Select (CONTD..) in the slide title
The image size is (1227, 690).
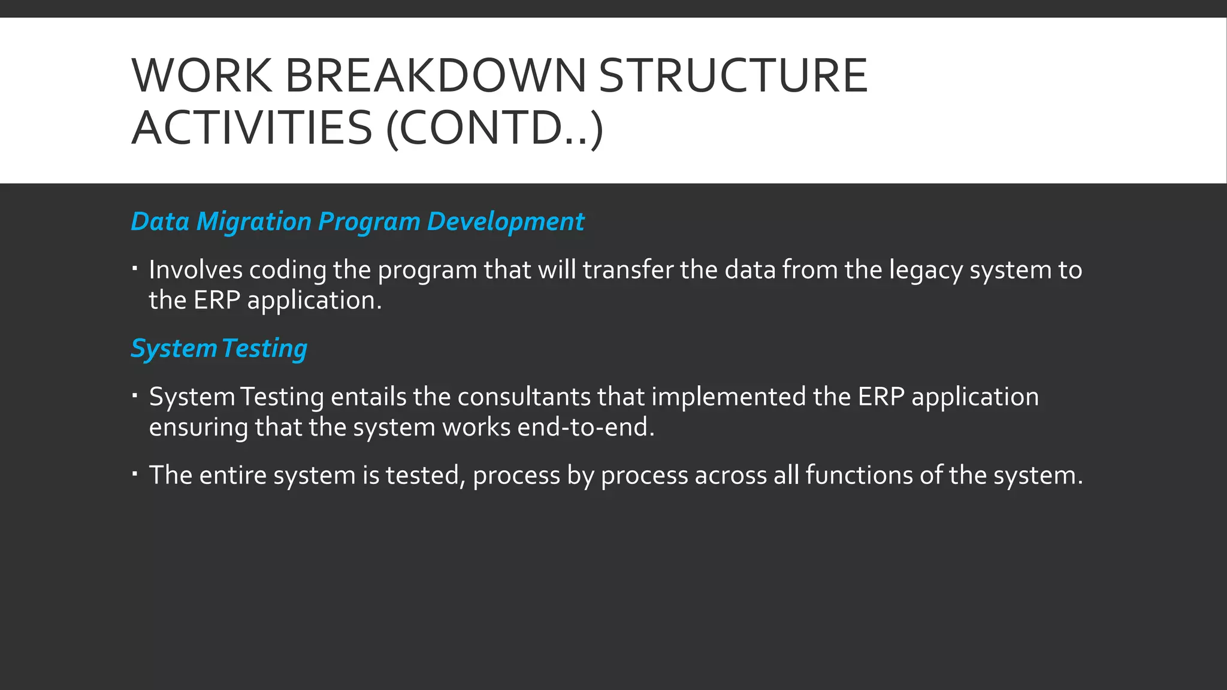[x=494, y=128]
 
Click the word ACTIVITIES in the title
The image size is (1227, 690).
[x=252, y=128]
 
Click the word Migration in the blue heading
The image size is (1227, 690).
[x=254, y=222]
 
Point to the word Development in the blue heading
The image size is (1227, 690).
[x=505, y=222]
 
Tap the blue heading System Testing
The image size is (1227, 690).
[x=219, y=349]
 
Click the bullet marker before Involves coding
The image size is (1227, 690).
[x=135, y=268]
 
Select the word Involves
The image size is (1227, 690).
[x=195, y=270]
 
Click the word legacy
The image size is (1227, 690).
[x=926, y=271]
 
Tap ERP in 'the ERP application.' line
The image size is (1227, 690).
[x=216, y=300]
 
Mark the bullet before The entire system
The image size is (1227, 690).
[x=135, y=474]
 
